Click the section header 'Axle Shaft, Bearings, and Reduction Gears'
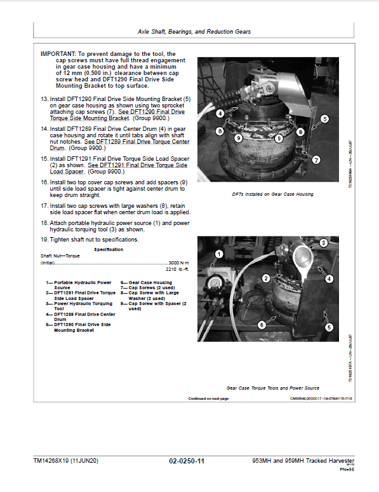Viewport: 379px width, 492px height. click(194, 31)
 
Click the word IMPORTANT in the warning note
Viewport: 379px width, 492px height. click(57, 54)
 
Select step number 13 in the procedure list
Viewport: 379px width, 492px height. click(44, 99)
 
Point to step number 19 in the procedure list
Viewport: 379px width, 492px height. click(44, 240)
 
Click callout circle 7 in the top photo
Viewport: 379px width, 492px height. click(316, 160)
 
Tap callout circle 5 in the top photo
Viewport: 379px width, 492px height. click(324, 118)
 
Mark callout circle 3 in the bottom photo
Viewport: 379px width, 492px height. click(322, 243)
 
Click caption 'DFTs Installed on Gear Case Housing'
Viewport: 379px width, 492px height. click(272, 194)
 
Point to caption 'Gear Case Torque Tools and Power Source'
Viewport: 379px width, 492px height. click(272, 387)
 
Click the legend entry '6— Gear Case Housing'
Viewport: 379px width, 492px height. click(146, 282)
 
